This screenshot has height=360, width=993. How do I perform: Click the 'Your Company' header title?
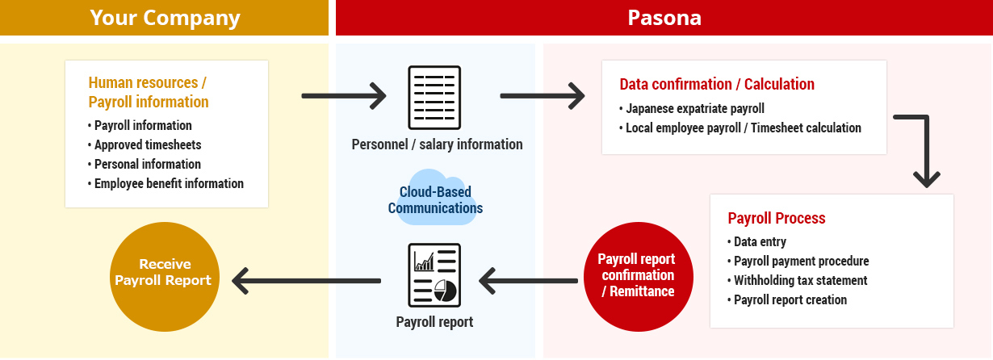coord(165,19)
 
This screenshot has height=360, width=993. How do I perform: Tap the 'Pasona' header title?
coord(664,19)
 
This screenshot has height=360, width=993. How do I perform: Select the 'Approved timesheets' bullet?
coord(145,145)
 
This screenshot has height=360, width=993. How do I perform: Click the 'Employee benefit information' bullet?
coord(165,183)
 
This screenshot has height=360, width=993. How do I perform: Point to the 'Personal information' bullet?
coord(145,164)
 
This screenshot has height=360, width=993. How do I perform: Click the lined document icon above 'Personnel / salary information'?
coord(434,98)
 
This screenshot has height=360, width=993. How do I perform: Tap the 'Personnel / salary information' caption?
coord(437,144)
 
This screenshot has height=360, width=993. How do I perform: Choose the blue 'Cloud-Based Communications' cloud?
coord(435,198)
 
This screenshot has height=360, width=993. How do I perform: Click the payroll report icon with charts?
coord(434,275)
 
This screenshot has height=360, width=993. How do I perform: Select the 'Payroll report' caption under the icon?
coord(434,322)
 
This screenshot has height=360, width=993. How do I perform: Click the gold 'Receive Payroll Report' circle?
coord(165,277)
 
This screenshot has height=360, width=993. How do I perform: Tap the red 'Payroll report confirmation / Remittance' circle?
coord(639,277)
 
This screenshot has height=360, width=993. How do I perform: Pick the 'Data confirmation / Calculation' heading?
coord(717,84)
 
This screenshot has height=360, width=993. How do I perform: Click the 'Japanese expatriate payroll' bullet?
coord(692,109)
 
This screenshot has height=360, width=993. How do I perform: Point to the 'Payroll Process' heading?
coord(776,218)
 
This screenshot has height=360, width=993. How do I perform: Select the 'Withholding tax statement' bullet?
coord(798,281)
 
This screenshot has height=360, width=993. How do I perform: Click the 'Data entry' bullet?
coord(756,241)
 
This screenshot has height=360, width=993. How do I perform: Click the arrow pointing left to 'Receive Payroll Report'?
coord(307,281)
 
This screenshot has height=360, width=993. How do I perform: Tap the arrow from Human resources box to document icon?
coord(344,96)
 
